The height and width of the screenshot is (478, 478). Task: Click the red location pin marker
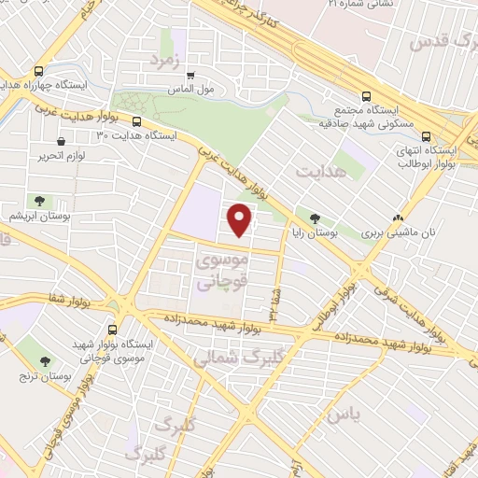click(241, 220)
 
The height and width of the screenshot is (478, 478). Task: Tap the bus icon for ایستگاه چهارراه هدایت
click(38, 71)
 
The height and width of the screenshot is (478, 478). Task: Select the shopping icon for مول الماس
click(190, 76)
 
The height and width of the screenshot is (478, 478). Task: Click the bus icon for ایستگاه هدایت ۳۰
click(137, 121)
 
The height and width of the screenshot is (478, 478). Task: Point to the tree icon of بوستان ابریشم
click(39, 200)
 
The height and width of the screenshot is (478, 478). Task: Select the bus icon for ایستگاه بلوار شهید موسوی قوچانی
click(113, 330)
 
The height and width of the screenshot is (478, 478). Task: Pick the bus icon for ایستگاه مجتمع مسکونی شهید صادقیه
click(365, 95)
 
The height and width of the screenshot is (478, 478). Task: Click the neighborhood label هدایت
click(323, 172)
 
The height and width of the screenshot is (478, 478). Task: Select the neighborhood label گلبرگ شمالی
click(228, 358)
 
